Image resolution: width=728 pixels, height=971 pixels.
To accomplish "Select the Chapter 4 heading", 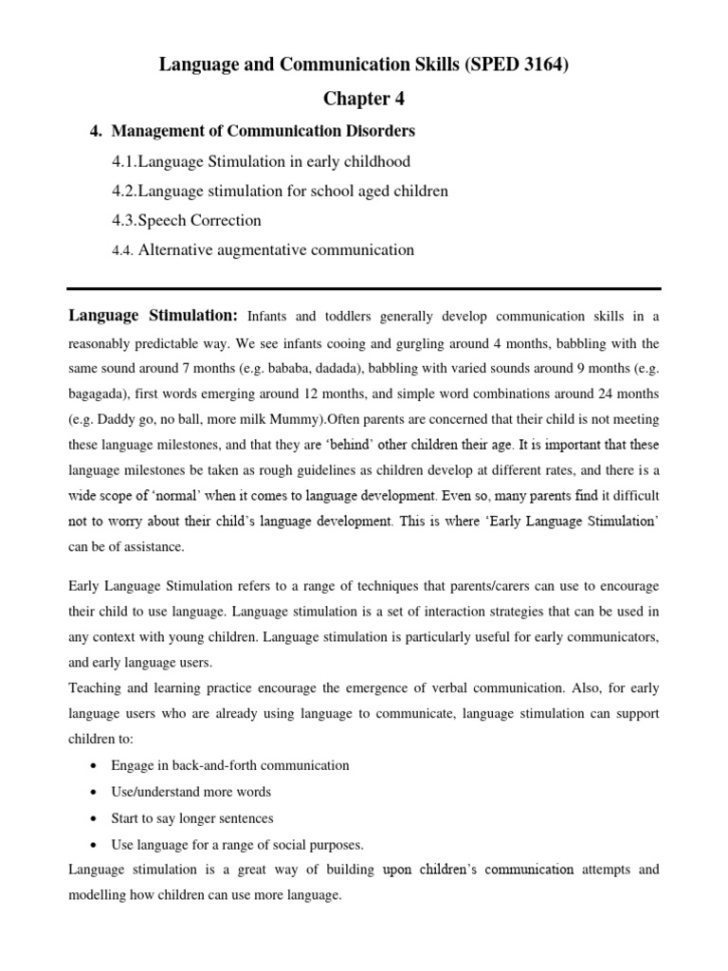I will [363, 99].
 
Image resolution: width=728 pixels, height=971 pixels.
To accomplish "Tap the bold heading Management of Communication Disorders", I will [264, 130].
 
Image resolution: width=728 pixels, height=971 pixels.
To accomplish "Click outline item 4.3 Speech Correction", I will [186, 220].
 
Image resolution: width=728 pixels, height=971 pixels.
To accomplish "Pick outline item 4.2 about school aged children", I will [280, 191].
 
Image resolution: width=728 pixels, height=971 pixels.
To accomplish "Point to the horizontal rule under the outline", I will [363, 288].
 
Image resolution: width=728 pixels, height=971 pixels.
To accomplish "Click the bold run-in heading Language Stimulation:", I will [153, 315].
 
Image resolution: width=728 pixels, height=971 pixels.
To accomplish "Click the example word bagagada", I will [100, 393].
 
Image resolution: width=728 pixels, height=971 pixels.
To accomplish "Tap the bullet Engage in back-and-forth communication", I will [230, 765].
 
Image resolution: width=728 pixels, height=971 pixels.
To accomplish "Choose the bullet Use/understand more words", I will [191, 792].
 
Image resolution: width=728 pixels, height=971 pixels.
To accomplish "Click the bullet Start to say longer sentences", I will [193, 818].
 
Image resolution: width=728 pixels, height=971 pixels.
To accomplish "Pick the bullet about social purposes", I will [237, 844].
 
